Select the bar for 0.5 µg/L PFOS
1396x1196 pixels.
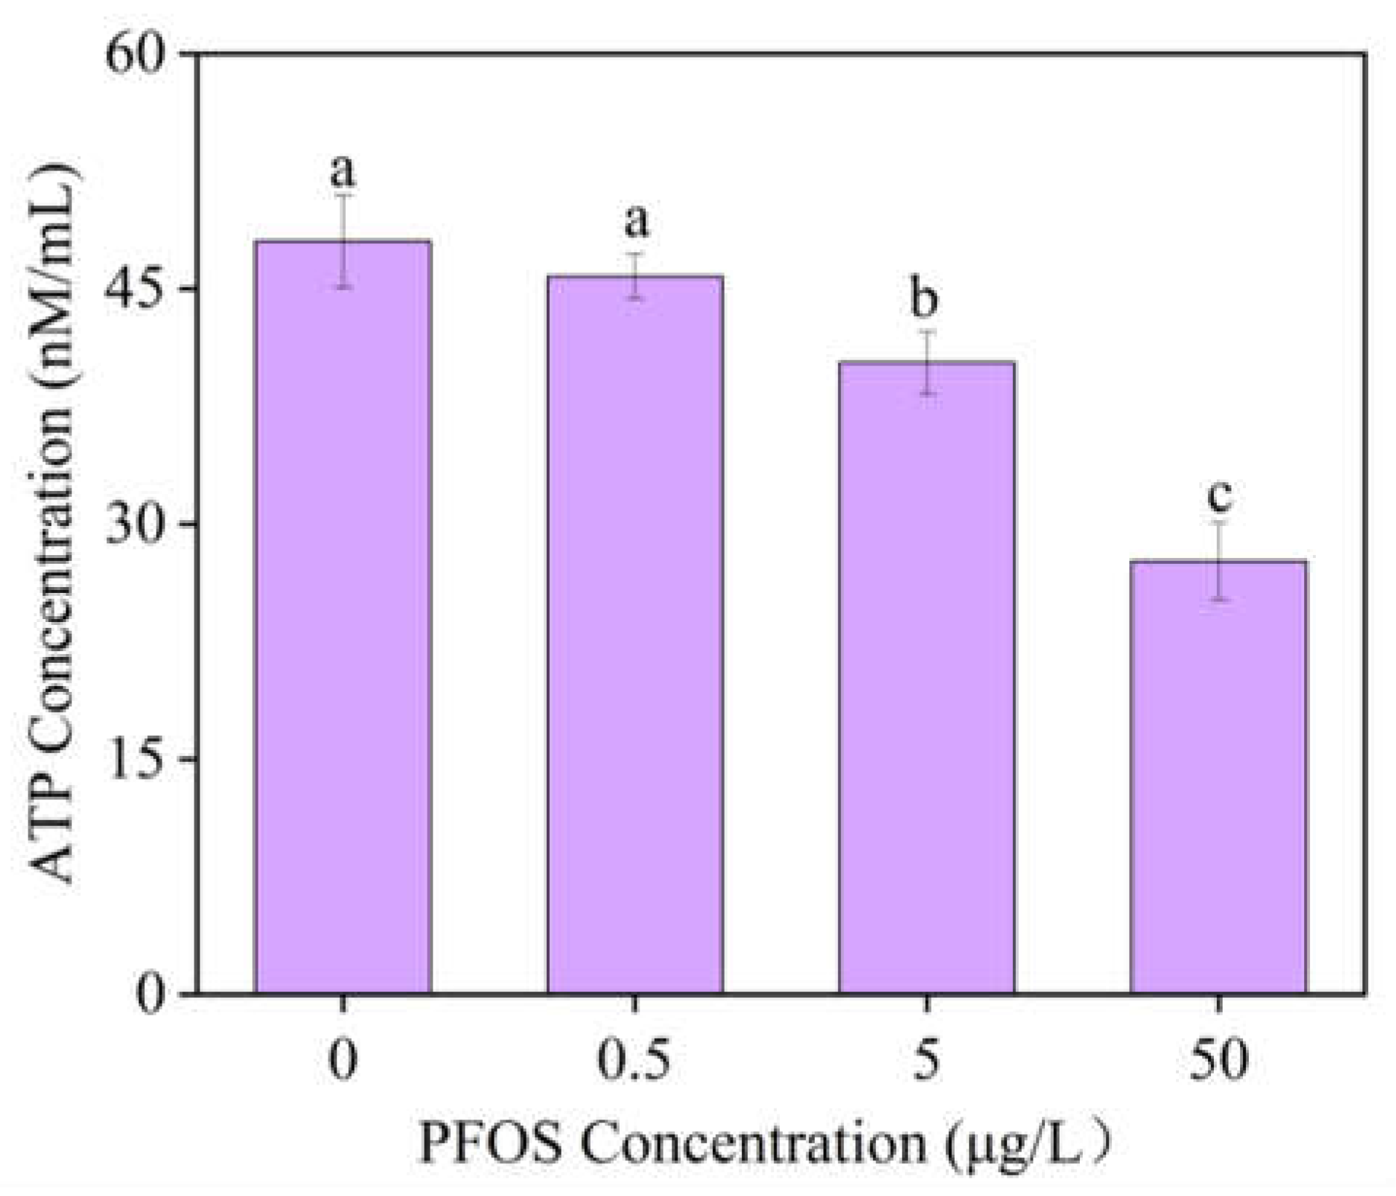[x=635, y=634]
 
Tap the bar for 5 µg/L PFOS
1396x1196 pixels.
[x=926, y=677]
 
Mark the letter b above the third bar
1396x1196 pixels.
[x=925, y=299]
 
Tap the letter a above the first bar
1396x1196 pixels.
[x=343, y=172]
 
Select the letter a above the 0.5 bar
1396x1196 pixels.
[x=636, y=221]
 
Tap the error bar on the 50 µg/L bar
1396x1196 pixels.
[x=1220, y=561]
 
